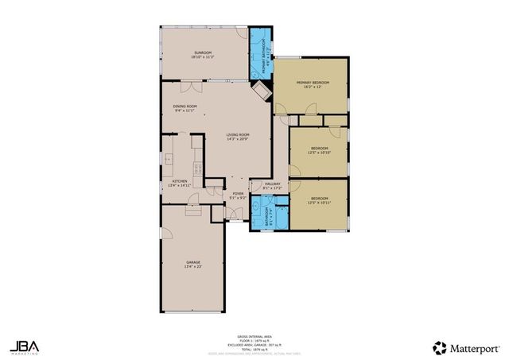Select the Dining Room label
pyautogui.click(x=185, y=107)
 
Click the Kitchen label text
pyautogui.click(x=180, y=183)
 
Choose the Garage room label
pyautogui.click(x=193, y=264)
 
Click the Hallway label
pyautogui.click(x=267, y=186)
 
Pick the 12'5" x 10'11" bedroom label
pyautogui.click(x=319, y=200)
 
